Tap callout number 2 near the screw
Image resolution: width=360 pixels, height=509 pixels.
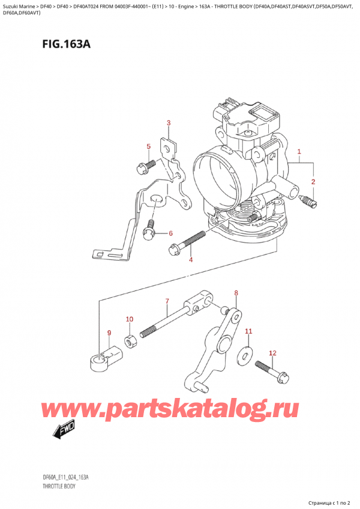[313, 181]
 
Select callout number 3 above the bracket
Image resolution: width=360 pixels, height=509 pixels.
[169, 124]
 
